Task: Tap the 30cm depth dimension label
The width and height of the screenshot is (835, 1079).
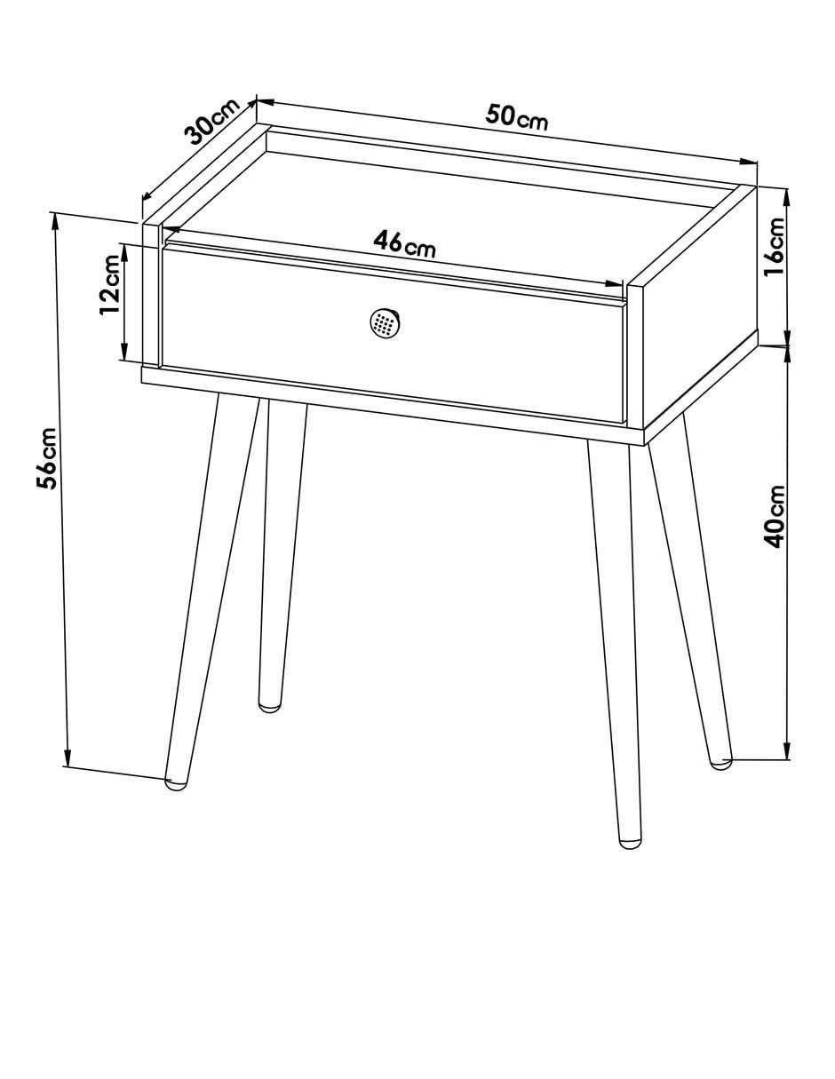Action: [x=212, y=121]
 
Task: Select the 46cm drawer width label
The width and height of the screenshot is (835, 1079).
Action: [x=404, y=244]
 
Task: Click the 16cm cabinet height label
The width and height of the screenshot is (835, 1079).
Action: [x=774, y=247]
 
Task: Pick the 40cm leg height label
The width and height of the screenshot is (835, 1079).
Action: [x=774, y=517]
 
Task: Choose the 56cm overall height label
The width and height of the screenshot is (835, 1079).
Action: [x=47, y=458]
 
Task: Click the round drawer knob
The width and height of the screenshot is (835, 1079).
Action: [x=385, y=323]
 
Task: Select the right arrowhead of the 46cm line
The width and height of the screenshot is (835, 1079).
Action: [x=613, y=283]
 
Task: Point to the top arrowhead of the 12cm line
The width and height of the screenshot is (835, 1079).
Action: [x=124, y=252]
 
